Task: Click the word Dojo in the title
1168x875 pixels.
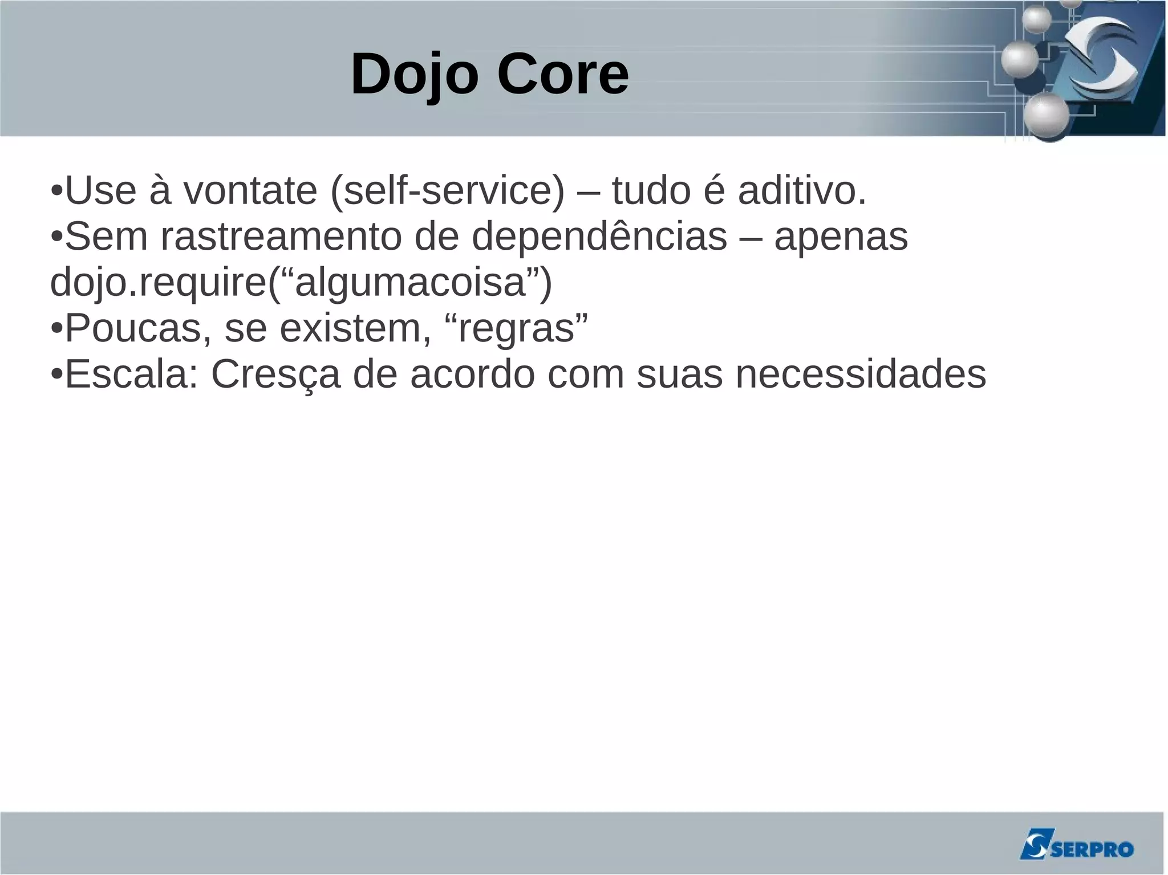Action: tap(414, 75)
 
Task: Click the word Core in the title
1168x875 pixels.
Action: tap(563, 75)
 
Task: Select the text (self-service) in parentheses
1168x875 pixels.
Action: tap(447, 191)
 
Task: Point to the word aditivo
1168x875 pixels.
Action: tap(802, 191)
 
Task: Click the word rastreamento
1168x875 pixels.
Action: tap(281, 237)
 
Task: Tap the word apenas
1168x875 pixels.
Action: tap(841, 237)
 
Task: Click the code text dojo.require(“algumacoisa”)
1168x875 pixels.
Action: tap(301, 283)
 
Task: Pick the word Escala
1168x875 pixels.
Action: tap(132, 375)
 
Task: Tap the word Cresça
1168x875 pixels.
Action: tap(276, 375)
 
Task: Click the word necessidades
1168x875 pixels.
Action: tap(861, 375)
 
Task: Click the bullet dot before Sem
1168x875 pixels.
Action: tap(56, 237)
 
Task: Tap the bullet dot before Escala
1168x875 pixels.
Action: tap(56, 375)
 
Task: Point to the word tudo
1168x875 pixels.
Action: tap(651, 191)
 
